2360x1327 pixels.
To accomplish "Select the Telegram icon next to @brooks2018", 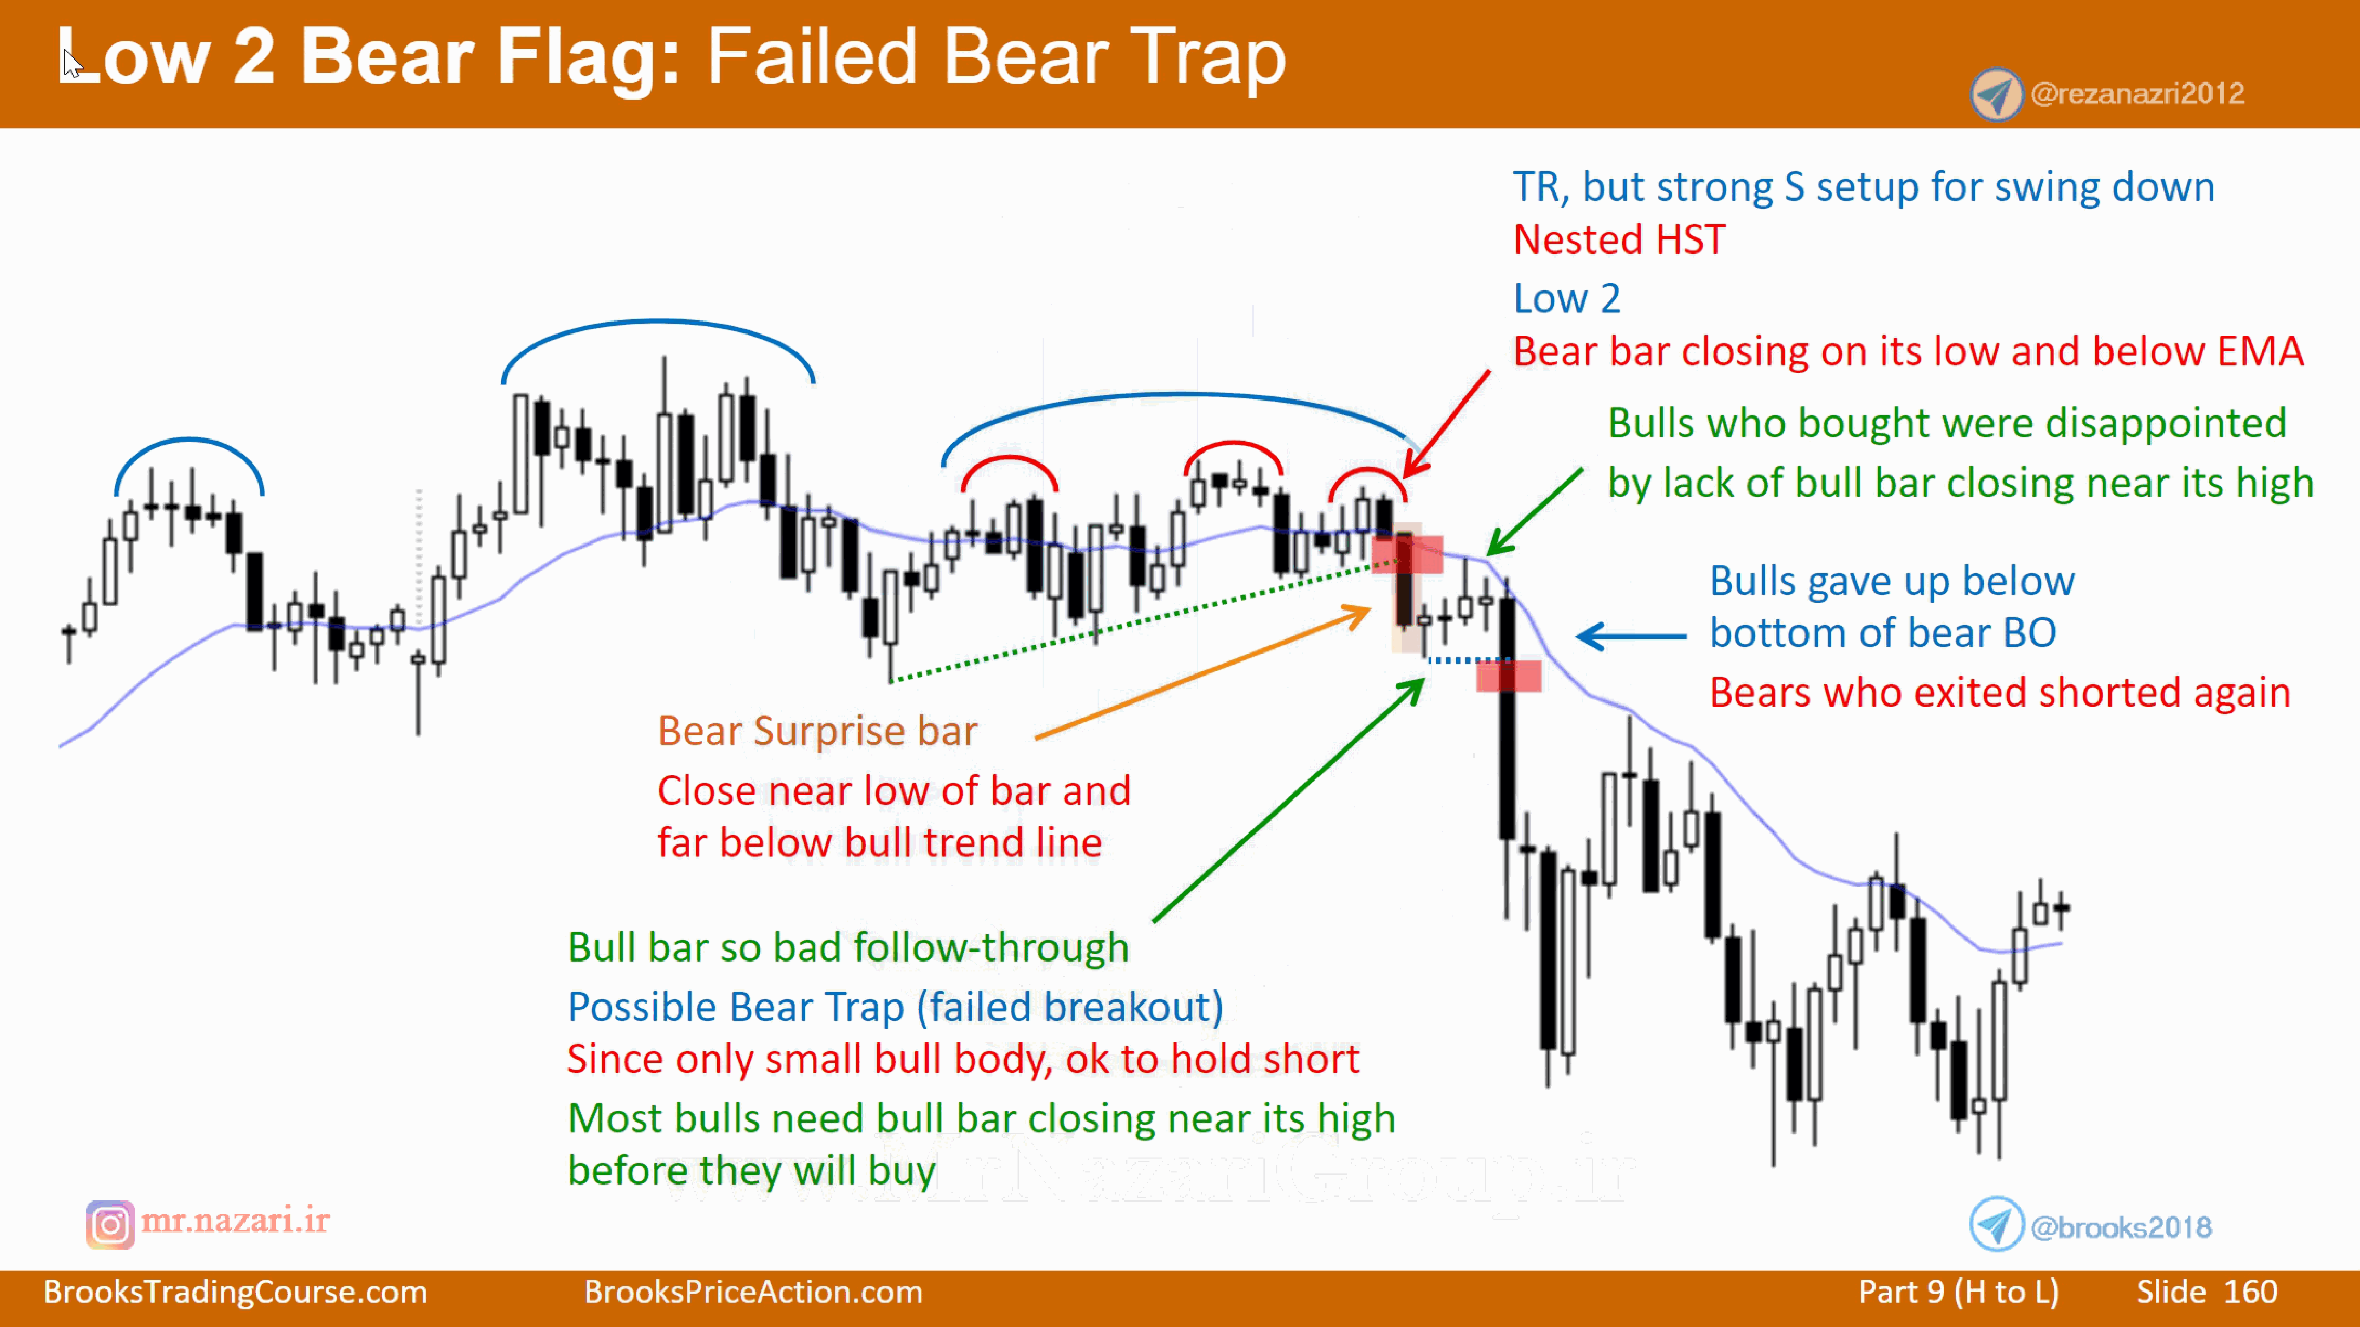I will pos(1996,1224).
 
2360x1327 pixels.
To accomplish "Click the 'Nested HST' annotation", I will pos(1619,240).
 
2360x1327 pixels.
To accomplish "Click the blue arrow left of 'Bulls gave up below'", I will pos(1631,636).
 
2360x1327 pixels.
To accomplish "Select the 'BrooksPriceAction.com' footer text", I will pos(753,1291).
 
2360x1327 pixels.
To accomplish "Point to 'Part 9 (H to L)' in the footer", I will pos(1958,1291).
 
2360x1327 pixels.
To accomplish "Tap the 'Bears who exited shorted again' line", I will pos(1999,692).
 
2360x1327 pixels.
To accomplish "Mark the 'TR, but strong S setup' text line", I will pos(1862,187).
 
